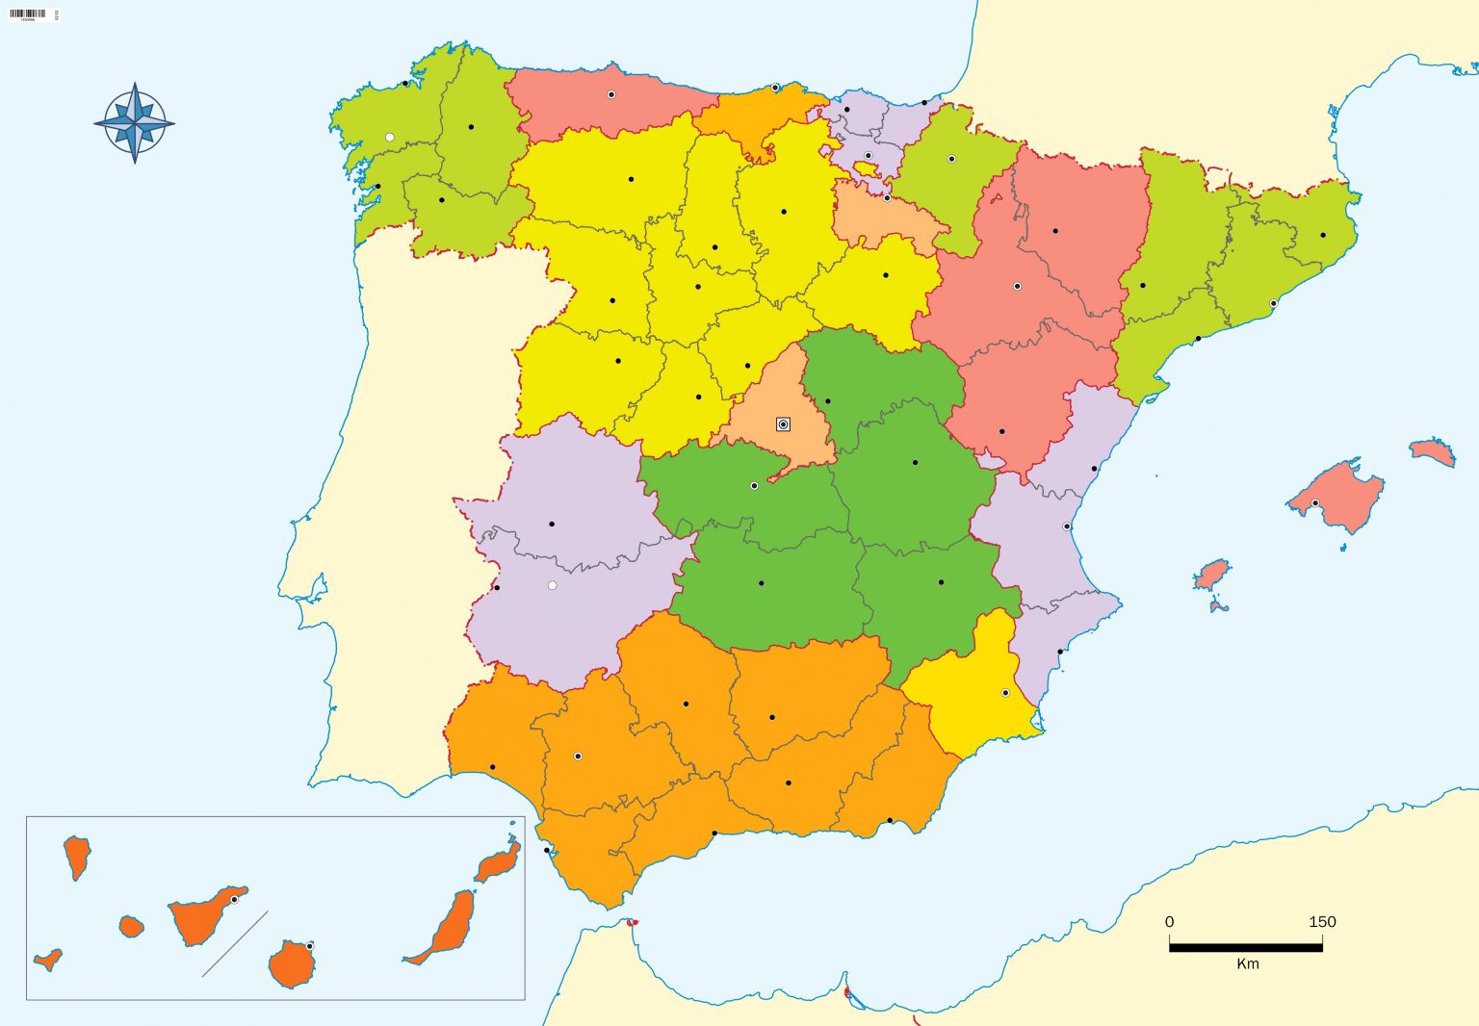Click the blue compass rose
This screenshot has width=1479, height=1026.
tap(135, 123)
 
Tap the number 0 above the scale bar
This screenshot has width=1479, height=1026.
tap(1169, 922)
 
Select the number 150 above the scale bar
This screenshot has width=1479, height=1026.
tap(1322, 922)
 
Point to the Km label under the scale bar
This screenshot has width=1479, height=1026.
tap(1247, 963)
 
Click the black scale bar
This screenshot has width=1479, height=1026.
tap(1245, 947)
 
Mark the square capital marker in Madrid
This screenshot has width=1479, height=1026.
tap(783, 424)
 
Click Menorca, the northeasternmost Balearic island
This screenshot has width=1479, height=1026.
tap(1432, 450)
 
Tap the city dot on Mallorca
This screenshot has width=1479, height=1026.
tap(1315, 503)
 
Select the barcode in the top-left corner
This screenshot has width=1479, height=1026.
tap(28, 13)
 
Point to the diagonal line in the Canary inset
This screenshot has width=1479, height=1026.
tap(234, 944)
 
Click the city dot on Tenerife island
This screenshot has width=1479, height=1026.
tap(234, 900)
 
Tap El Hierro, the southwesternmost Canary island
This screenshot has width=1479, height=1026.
tap(47, 960)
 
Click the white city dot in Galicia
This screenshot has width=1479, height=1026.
tap(389, 138)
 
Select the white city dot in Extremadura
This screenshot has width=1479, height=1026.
tap(552, 585)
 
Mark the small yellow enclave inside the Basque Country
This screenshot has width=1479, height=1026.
tap(867, 168)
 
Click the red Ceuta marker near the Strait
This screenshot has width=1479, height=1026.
tap(634, 923)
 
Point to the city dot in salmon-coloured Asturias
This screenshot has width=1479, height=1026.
tap(611, 94)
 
